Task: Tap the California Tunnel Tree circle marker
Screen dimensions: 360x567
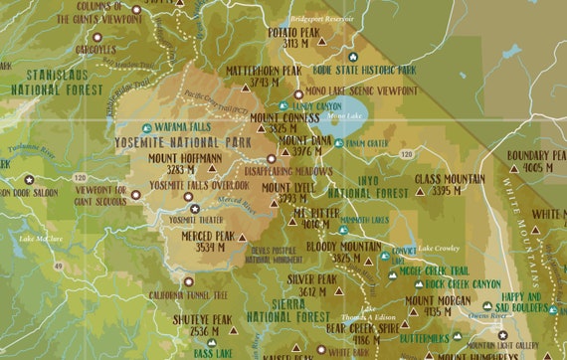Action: (x=188, y=281)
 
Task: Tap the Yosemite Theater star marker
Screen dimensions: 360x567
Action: (x=195, y=208)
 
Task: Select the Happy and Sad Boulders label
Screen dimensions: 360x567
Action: (x=522, y=302)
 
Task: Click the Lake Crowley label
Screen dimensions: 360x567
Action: (x=439, y=247)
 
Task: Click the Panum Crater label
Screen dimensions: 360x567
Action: (x=371, y=142)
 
